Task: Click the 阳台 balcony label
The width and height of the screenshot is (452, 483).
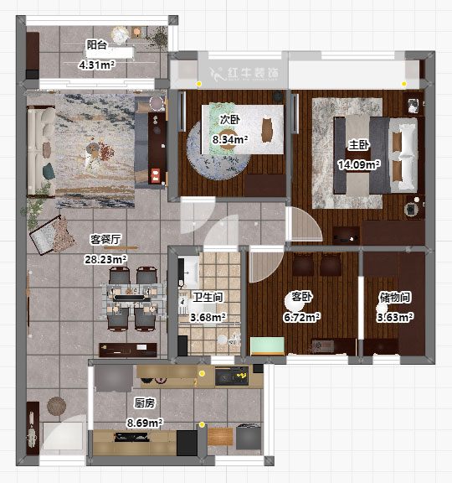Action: click(96, 45)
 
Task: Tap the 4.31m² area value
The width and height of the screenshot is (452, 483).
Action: click(97, 65)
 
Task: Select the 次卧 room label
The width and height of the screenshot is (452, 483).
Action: click(230, 120)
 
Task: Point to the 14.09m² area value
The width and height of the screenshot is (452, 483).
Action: click(359, 164)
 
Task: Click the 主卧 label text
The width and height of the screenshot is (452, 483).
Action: click(358, 145)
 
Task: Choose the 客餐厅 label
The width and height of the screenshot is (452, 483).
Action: click(105, 239)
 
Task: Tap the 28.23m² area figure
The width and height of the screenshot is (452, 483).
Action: click(105, 259)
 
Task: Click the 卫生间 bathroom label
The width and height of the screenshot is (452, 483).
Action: click(208, 297)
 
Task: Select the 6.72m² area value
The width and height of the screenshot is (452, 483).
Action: click(301, 317)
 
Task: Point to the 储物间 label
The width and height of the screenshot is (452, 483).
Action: click(395, 297)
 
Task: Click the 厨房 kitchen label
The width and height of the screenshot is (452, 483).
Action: click(145, 402)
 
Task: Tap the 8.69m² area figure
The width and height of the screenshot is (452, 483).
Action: click(145, 423)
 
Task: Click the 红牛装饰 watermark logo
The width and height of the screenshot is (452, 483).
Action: click(244, 74)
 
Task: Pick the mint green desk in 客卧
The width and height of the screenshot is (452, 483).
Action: click(267, 346)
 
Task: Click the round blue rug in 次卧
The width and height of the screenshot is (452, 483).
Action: click(218, 150)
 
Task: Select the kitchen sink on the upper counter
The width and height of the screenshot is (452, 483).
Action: click(232, 376)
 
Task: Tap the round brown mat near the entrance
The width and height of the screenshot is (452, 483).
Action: click(57, 406)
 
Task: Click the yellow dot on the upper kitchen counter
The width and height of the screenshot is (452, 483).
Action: click(202, 373)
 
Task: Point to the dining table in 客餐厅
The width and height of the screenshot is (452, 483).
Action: click(132, 298)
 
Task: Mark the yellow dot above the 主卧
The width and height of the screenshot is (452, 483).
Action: click(404, 84)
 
